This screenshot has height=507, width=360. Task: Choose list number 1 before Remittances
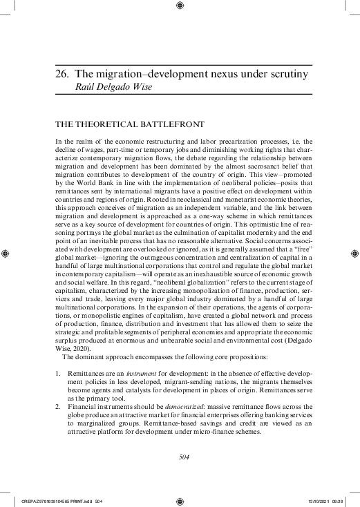(x=57, y=373)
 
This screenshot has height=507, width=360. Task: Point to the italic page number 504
(x=180, y=457)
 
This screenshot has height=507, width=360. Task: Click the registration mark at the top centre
(x=180, y=7)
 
